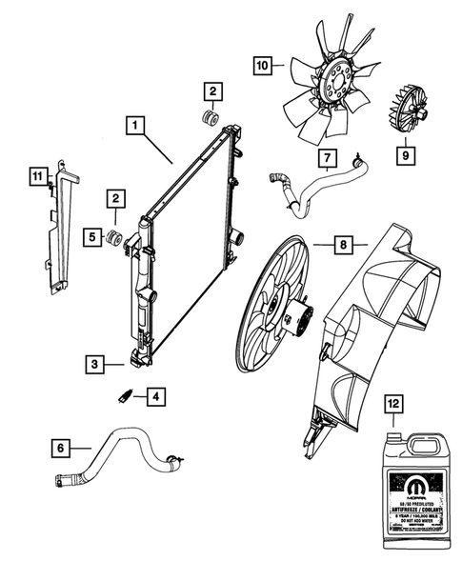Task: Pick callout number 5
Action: (91, 235)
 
